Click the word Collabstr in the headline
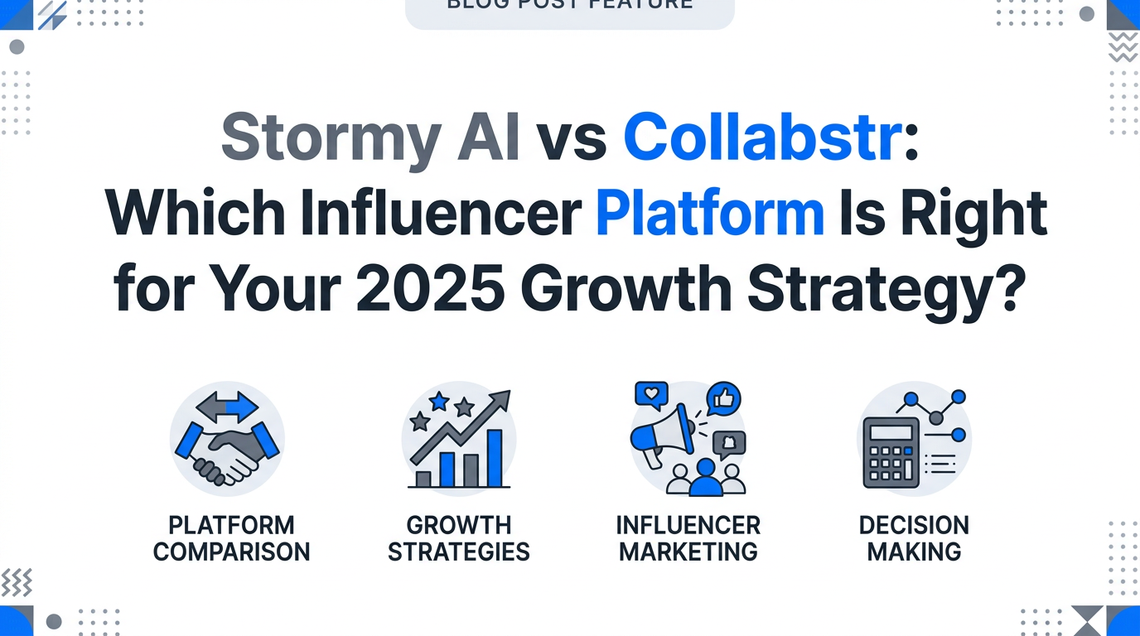[x=761, y=138]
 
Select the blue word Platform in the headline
[x=709, y=214]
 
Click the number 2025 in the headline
[x=421, y=291]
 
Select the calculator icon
[x=891, y=451]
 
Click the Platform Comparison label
[x=231, y=538]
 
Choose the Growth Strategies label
[x=458, y=538]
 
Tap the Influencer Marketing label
[x=688, y=538]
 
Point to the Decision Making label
[x=914, y=538]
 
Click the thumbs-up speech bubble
[x=724, y=398]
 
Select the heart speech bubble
[x=651, y=393]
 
